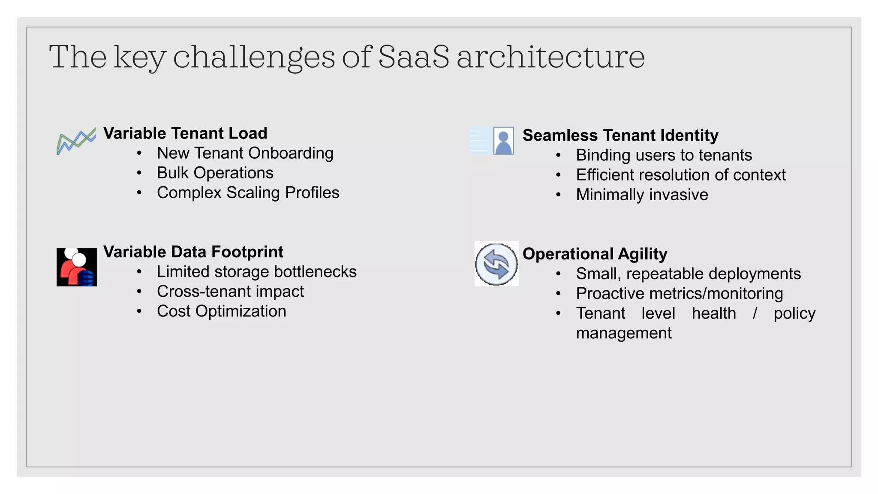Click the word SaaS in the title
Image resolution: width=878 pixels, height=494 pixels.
point(414,57)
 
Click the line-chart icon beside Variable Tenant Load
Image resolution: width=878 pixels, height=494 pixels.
point(76,141)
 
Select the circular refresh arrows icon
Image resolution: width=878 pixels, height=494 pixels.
point(496,264)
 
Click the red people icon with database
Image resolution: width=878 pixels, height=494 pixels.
point(77,267)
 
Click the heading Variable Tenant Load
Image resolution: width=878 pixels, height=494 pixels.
point(185,133)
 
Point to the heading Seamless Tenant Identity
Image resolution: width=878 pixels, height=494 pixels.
point(620,136)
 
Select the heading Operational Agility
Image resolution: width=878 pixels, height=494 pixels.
point(595,254)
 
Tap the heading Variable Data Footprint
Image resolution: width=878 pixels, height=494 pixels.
point(193,252)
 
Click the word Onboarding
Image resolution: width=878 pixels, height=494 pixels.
point(291,153)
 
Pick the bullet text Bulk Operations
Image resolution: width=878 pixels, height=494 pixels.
point(215,173)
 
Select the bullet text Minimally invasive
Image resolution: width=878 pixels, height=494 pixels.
point(642,195)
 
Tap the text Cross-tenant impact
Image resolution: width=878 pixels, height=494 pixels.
point(230,292)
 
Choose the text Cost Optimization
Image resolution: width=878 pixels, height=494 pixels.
point(221,311)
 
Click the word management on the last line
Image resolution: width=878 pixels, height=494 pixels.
point(623,333)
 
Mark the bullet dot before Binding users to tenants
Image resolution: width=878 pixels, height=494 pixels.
point(558,155)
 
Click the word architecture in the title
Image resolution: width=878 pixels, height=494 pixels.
point(550,57)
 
